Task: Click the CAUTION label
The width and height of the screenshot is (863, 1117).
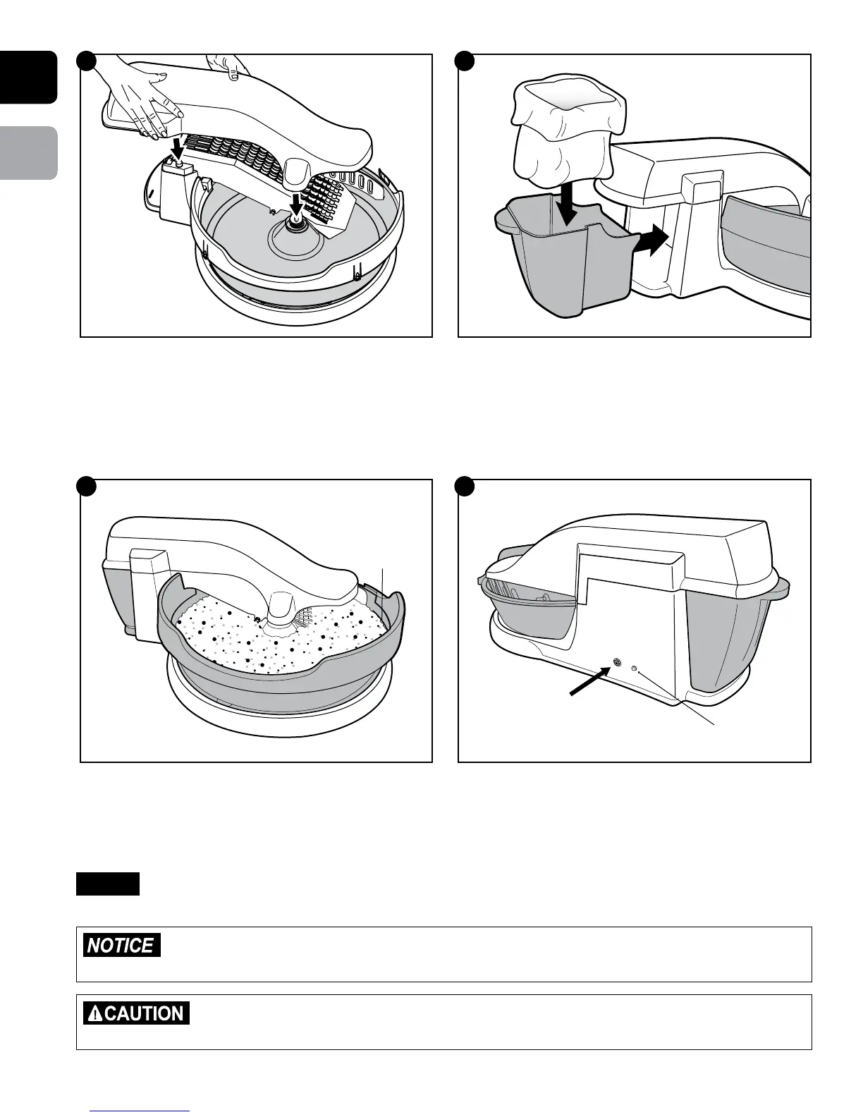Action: [x=136, y=1013]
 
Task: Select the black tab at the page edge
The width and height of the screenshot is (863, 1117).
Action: [x=28, y=78]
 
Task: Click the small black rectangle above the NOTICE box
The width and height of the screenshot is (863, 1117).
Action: [x=108, y=884]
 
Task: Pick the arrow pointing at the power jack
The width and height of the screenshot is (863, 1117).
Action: [x=588, y=680]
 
